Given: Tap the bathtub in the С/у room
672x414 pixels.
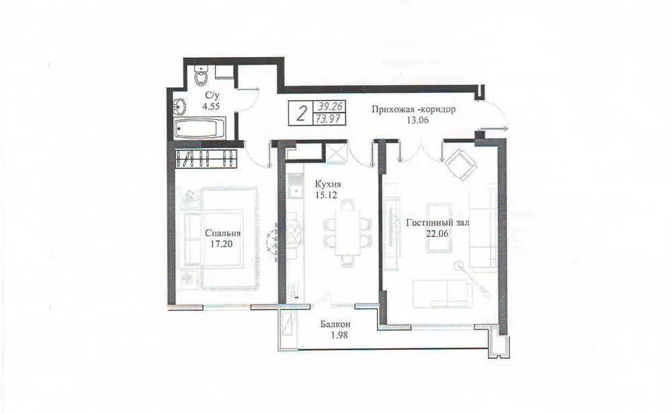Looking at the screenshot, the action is pos(200,129).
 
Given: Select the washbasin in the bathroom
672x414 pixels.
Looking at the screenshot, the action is pos(180,106).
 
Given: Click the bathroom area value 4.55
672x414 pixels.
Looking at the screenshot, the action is pos(211,106).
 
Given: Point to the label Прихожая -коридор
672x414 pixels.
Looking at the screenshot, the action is pos(413,110).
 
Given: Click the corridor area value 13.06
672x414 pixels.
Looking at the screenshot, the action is pos(417,120).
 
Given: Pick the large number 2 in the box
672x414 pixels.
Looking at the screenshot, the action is pos(302,114).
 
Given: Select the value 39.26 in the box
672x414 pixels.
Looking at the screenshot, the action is pos(329,106).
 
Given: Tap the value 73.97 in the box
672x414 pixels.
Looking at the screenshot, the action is pos(329,118).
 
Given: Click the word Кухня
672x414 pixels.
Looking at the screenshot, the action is pos(328,184).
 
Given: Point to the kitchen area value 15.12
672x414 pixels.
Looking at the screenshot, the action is pos(326,195).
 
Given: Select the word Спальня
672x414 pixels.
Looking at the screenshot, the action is pos(222,234).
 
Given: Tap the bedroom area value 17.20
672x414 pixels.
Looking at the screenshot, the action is pos(222,244).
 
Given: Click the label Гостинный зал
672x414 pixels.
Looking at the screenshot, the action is pos(437,223).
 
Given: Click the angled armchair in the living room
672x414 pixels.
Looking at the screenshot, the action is pos(461,165).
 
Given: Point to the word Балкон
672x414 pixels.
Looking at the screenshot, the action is pos(335,324).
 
